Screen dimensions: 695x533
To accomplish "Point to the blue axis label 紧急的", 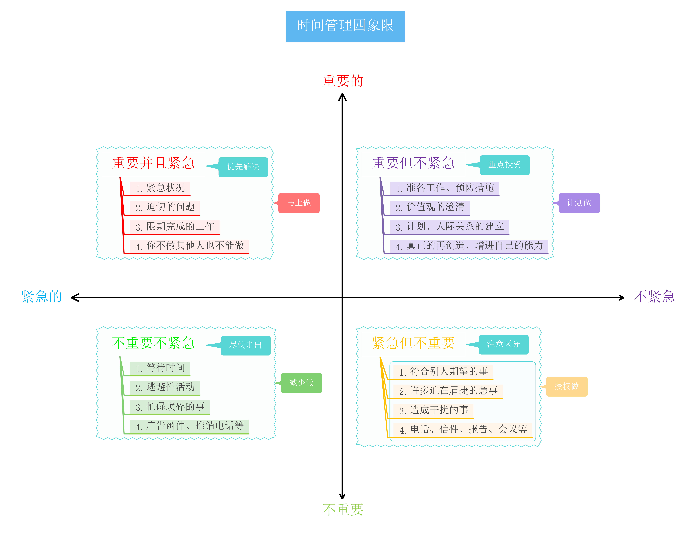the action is pos(42,296).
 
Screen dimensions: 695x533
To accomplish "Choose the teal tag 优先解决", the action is pos(243,167).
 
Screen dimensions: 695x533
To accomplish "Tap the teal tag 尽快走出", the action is pos(246,346).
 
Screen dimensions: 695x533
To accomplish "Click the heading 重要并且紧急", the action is pos(153,163).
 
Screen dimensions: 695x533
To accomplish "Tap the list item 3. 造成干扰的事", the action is pos(433,411).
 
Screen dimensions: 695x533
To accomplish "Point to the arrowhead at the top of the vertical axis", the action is pos(342,95).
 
